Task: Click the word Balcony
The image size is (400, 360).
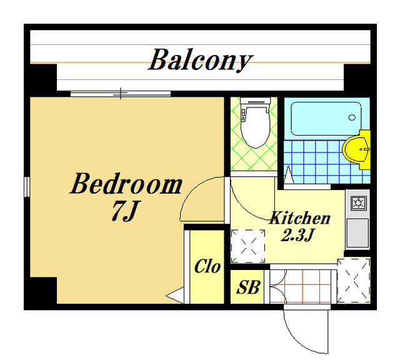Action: pos(200,60)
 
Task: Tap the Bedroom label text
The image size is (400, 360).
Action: pos(126,184)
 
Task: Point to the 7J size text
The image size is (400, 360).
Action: pos(126,211)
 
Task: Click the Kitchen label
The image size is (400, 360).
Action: pos(300,218)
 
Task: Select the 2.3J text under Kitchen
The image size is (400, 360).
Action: pos(297,235)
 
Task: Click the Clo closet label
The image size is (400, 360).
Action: pos(207,266)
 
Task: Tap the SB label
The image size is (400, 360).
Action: pos(248,287)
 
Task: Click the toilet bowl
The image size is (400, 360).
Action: pos(256,127)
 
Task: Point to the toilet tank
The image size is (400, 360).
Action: pos(256,101)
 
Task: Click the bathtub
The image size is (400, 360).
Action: pos(326,119)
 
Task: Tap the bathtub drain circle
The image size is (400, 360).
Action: pos(352,117)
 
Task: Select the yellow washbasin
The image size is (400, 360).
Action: pos(356,150)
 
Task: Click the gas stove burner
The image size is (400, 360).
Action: pos(359,203)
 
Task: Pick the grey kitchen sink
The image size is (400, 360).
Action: pos(357,233)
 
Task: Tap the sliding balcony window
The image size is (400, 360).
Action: pos(121,94)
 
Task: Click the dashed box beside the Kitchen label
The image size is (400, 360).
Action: pos(248,246)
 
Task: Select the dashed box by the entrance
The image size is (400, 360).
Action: pos(354,281)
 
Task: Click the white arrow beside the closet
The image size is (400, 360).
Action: pos(175,296)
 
